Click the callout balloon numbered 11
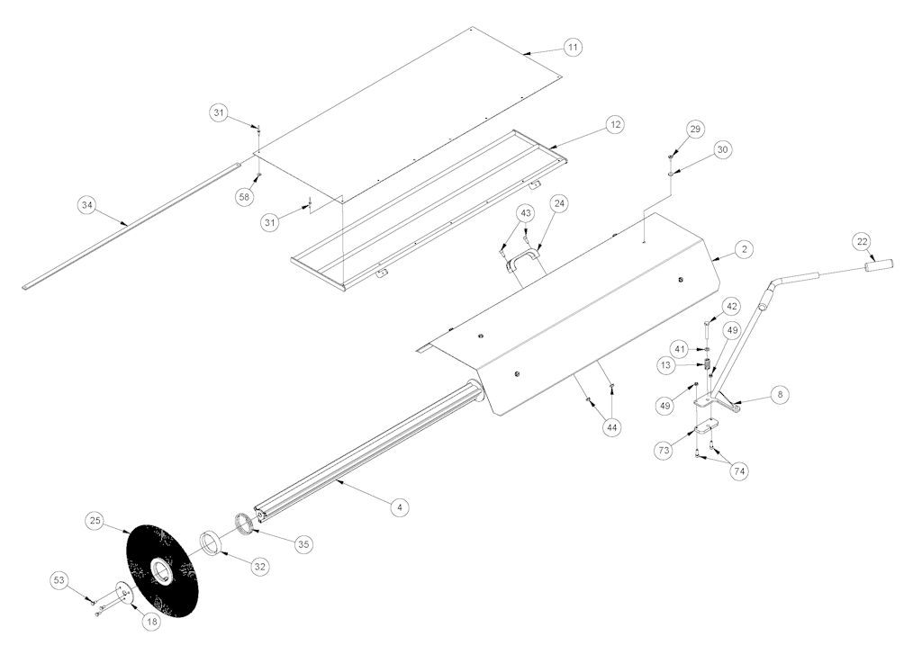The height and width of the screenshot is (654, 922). click(573, 47)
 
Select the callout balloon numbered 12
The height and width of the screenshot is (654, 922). click(615, 124)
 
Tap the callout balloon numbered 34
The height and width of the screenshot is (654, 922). click(87, 205)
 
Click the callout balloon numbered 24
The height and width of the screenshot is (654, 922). click(559, 204)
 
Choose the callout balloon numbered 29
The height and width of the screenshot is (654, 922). click(695, 129)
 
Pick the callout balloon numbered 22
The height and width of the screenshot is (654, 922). click(862, 241)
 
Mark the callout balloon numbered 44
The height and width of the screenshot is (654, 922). click(612, 428)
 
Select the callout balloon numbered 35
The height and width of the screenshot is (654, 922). click(303, 544)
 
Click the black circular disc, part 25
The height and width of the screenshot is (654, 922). click(162, 569)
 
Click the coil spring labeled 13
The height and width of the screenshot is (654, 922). click(708, 365)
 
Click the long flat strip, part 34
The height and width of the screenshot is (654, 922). click(132, 225)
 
